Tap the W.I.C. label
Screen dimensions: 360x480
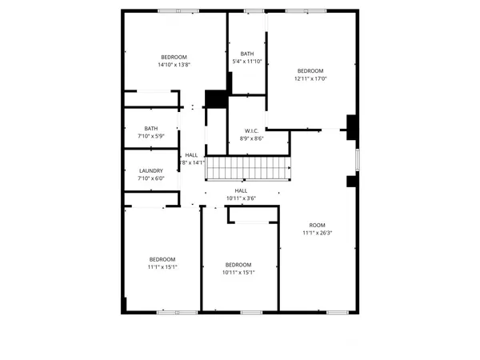click(x=252, y=130)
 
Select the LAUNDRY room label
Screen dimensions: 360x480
click(x=151, y=170)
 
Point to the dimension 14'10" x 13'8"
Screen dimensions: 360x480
click(x=174, y=65)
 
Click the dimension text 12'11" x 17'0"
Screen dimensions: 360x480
click(x=310, y=78)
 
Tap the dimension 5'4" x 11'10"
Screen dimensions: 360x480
click(x=247, y=62)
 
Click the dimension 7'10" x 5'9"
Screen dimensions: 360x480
click(x=151, y=136)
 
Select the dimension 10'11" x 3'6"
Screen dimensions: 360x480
click(x=241, y=198)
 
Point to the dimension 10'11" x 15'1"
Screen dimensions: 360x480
click(x=238, y=272)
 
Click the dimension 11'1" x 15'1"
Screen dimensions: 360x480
click(x=162, y=266)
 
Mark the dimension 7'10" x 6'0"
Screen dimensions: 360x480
click(x=151, y=178)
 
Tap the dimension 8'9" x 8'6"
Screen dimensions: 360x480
click(x=252, y=138)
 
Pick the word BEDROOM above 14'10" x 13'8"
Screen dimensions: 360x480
click(x=174, y=57)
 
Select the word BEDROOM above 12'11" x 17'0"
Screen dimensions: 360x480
click(x=310, y=70)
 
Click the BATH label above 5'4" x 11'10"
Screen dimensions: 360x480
click(x=247, y=54)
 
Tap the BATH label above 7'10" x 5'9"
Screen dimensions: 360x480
click(x=151, y=128)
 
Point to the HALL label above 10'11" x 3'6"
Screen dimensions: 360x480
click(x=241, y=190)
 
